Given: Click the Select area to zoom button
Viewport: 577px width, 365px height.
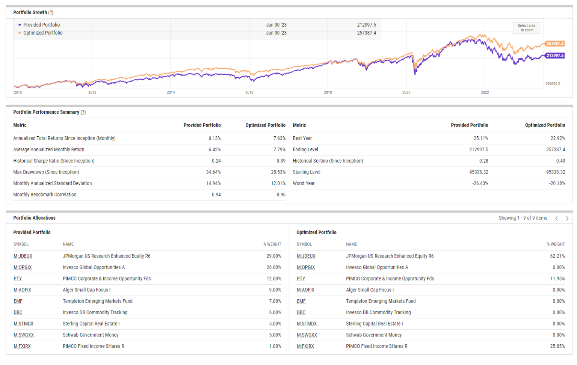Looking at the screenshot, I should [x=526, y=28].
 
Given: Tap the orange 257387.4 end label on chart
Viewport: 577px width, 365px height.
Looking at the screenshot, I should [x=554, y=44].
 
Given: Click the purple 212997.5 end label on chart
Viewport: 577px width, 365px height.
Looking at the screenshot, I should [x=554, y=56].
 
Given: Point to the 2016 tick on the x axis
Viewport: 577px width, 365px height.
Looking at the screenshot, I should [x=249, y=92].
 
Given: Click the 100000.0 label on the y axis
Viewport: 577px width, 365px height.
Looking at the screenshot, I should [x=553, y=84].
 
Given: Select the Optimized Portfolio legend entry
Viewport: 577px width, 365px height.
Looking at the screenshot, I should [x=43, y=33].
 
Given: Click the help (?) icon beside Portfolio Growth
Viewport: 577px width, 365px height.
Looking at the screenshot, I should [x=51, y=13].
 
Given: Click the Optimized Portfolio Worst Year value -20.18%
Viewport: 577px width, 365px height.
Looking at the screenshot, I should [x=557, y=183].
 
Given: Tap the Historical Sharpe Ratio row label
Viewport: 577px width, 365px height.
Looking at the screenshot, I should [x=54, y=161].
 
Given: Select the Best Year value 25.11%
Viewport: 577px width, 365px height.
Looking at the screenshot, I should [x=481, y=138].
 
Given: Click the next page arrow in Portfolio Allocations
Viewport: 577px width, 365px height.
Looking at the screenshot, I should [x=567, y=218].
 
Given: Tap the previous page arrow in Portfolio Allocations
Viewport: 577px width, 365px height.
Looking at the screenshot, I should [x=556, y=218].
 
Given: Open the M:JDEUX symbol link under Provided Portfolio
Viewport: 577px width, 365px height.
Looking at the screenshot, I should [x=23, y=256].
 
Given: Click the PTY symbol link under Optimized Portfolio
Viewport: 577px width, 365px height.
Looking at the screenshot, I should [x=301, y=279].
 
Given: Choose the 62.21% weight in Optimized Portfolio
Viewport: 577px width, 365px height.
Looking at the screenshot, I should [x=557, y=256].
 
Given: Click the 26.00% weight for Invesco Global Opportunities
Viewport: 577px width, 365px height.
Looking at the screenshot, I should [x=274, y=267].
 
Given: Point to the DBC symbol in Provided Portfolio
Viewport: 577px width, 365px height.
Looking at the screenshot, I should [x=18, y=312].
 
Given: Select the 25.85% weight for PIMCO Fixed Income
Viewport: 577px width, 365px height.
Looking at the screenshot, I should [x=557, y=346].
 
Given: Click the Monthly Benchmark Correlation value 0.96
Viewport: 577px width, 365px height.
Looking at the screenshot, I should [x=281, y=195].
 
